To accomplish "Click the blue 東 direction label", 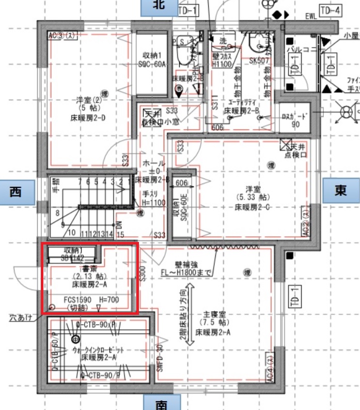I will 340,190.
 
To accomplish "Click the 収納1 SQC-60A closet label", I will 154,60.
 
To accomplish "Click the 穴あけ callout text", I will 19,316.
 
